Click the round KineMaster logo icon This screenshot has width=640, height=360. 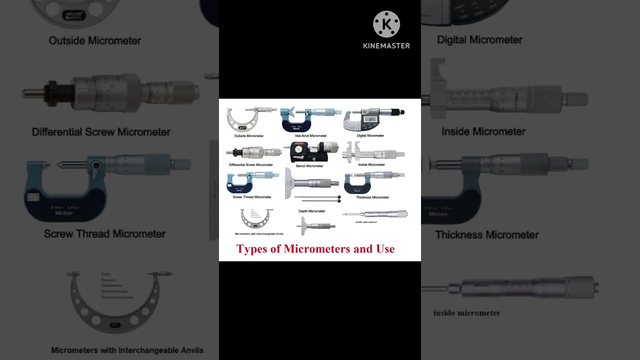click(386, 24)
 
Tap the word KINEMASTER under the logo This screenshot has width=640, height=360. click(386, 45)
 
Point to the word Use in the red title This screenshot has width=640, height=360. click(385, 249)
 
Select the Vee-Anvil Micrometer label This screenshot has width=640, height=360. click(310, 135)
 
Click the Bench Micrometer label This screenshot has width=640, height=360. click(309, 165)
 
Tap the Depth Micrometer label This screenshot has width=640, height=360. click(311, 211)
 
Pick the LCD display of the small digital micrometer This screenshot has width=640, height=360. click(369, 119)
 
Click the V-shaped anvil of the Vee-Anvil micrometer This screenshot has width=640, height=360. click(291, 111)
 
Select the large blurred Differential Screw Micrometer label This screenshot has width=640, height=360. click(101, 132)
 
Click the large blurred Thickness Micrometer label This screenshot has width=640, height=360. click(486, 234)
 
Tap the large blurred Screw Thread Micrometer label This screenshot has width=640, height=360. click(104, 233)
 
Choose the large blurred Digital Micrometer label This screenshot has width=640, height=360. click(479, 39)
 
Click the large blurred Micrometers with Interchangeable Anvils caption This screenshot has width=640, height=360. click(127, 350)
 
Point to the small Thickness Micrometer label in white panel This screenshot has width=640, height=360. click(372, 197)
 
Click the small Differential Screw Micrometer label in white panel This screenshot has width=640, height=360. click(250, 164)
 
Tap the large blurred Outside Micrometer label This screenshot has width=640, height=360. click(94, 40)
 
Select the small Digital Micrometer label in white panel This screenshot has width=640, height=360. click(370, 135)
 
